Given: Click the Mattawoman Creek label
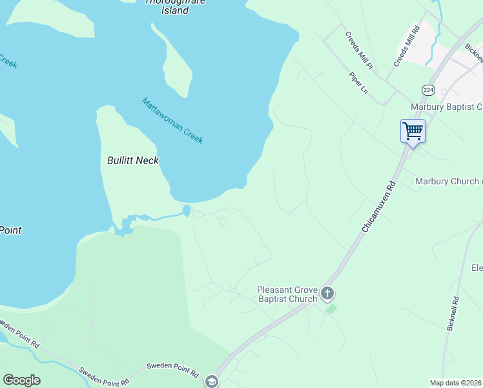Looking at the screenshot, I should [x=172, y=121].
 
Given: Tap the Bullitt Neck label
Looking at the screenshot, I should [x=133, y=160].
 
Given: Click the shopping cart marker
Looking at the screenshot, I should [x=413, y=131].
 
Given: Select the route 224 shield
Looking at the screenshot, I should [x=428, y=89].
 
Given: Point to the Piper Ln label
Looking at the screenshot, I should [x=358, y=83].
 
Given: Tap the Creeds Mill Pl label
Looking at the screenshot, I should [x=359, y=51].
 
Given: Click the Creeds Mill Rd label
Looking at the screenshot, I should [x=407, y=46].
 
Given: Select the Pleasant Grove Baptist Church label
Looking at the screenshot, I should [x=287, y=294].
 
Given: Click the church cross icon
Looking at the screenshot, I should [x=327, y=294].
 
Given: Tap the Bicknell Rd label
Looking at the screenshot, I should [x=452, y=314].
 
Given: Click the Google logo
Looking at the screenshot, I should [x=21, y=380].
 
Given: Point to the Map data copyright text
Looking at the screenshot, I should [x=456, y=383].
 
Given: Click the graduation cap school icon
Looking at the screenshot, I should [x=211, y=382].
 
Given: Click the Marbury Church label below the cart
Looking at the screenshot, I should [x=449, y=182].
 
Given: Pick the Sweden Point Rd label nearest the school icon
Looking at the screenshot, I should [x=172, y=369].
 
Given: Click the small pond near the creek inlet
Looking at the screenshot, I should [x=187, y=210].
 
